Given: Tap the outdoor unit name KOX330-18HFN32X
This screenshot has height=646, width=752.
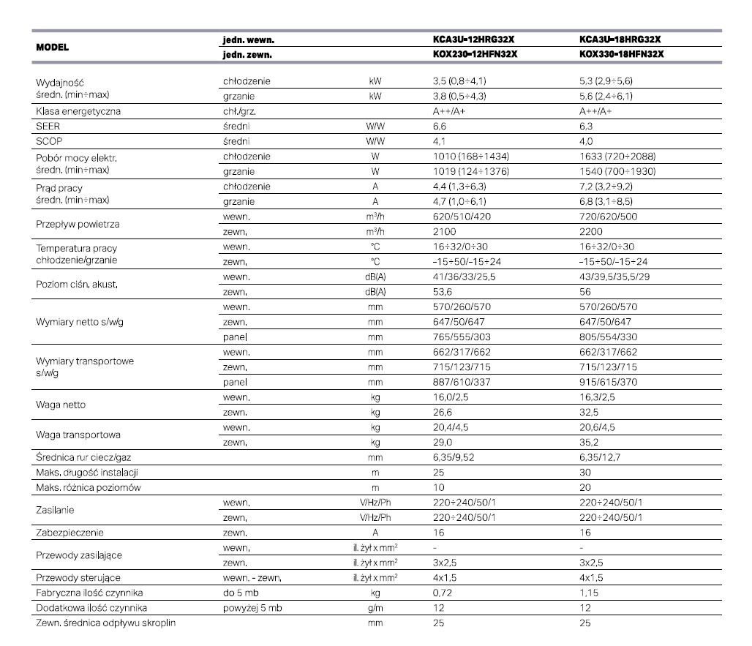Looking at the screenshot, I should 625,53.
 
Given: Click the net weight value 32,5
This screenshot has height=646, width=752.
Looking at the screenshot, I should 588,413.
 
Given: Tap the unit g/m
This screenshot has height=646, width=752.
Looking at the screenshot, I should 376,608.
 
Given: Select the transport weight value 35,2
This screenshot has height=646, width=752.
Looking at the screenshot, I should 588,443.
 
